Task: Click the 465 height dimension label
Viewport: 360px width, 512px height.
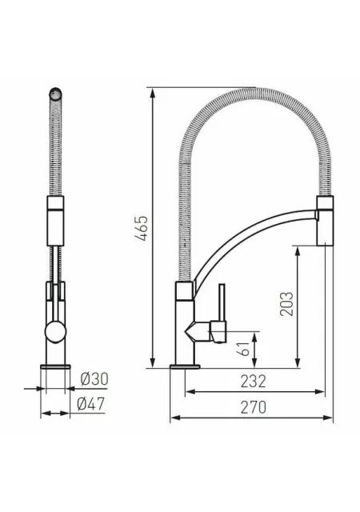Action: click(142, 228)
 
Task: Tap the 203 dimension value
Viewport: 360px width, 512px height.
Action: click(286, 304)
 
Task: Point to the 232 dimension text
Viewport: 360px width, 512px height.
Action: click(253, 381)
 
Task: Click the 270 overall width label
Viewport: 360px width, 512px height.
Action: click(253, 407)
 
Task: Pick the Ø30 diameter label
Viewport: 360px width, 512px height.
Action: click(94, 379)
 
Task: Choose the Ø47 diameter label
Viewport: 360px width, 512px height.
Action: click(91, 404)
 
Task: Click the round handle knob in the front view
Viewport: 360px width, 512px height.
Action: click(55, 331)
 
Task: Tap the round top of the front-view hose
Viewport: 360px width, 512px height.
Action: click(55, 94)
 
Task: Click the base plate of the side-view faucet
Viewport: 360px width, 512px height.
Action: click(186, 366)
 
